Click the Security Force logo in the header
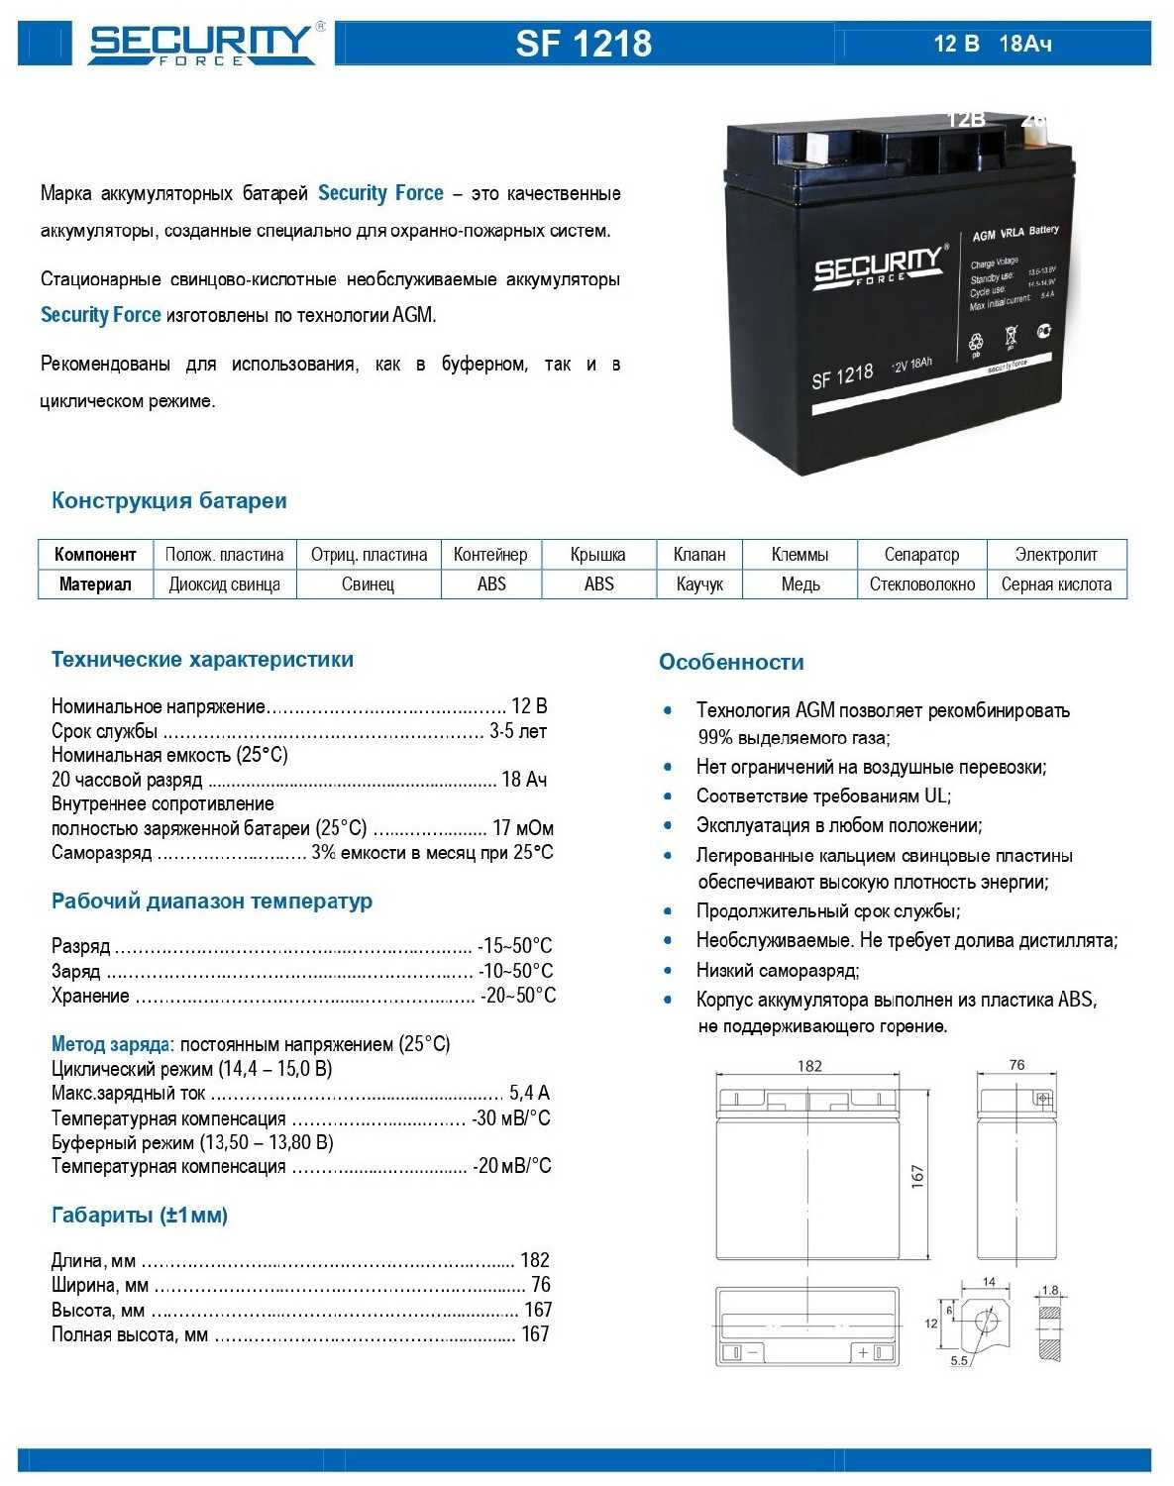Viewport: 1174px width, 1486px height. (x=203, y=44)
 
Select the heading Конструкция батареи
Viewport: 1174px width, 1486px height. (x=168, y=501)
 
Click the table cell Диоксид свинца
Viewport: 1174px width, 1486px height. (x=224, y=584)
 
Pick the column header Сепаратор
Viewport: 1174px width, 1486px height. (x=921, y=555)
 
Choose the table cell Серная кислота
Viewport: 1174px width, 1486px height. (x=1056, y=584)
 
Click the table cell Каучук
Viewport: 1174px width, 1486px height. (x=699, y=584)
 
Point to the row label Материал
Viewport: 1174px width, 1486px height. (x=95, y=584)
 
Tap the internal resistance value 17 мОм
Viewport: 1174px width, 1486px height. (x=522, y=828)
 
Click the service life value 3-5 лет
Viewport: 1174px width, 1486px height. (x=518, y=732)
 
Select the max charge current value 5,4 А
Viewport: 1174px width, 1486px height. (x=529, y=1093)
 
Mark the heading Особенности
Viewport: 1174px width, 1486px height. (x=731, y=663)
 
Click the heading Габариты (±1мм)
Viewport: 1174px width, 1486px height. (x=140, y=1216)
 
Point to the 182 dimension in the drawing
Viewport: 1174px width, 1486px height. (x=809, y=1066)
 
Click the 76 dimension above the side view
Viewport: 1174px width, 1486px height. (x=1016, y=1065)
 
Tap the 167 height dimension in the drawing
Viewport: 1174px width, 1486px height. (x=917, y=1176)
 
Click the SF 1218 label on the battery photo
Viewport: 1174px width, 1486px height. (x=842, y=376)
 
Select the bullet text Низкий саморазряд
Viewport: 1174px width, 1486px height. (x=778, y=971)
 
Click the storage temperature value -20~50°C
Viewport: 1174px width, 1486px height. (x=518, y=996)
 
